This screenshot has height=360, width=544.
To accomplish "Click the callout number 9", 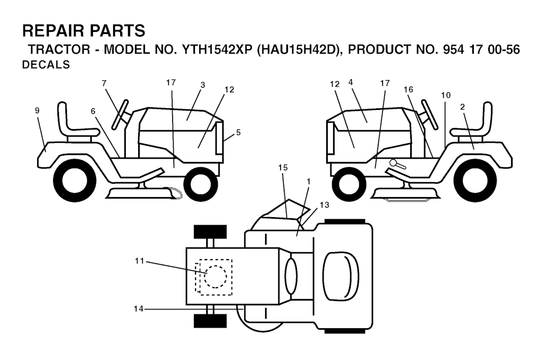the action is [37, 110].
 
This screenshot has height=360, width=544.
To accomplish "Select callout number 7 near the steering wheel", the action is [104, 83].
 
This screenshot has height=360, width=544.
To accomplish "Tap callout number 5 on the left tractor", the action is [239, 132].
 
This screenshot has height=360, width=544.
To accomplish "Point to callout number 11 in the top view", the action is [140, 261].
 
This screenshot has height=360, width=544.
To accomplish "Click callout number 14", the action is [139, 308].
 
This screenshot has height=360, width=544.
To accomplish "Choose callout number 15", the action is [283, 167].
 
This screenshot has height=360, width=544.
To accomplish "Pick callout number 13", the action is [325, 205].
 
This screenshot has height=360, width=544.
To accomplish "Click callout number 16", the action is [409, 90].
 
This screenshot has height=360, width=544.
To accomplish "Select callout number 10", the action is [446, 95].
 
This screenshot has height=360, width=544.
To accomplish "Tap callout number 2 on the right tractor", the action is [463, 107].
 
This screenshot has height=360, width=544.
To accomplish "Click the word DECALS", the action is [46, 65].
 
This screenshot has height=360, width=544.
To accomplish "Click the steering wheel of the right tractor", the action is [429, 115].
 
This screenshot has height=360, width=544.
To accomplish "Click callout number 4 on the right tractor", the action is [351, 82].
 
